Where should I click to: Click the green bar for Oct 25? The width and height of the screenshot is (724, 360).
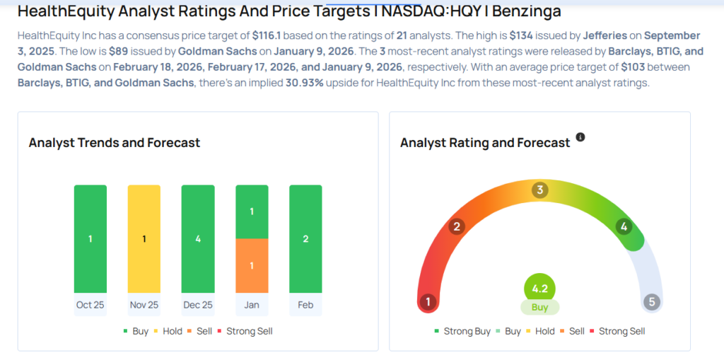click(x=90, y=238)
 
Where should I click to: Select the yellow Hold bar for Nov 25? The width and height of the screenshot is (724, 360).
click(x=144, y=238)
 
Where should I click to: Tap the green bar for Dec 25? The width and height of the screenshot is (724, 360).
click(x=198, y=238)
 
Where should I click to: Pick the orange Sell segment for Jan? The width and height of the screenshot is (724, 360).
click(x=252, y=265)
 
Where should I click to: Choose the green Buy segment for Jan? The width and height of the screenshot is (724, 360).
click(x=252, y=211)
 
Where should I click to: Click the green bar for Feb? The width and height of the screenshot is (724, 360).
click(x=305, y=238)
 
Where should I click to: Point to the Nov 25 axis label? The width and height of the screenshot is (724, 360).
click(x=144, y=305)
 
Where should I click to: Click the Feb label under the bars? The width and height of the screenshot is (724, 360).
click(x=305, y=305)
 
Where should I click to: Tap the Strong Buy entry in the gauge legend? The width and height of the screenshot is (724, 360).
click(x=467, y=331)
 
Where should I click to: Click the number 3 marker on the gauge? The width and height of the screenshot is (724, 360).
click(x=540, y=190)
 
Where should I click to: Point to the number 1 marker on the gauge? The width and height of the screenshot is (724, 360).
click(x=427, y=303)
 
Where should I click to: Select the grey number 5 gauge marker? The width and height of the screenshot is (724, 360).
click(x=652, y=303)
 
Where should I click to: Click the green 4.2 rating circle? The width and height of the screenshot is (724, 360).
click(x=539, y=289)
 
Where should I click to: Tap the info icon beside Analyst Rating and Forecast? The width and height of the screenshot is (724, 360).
click(x=580, y=137)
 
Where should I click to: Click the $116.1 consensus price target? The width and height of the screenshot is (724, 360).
click(x=267, y=35)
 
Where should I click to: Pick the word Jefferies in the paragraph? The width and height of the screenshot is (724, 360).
click(x=606, y=35)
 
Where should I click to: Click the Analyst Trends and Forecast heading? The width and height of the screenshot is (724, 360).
click(x=115, y=143)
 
